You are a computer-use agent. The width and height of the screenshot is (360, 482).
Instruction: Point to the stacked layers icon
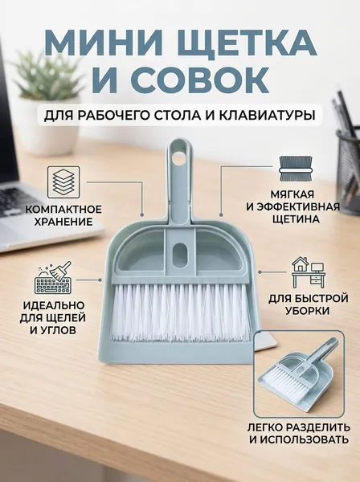point(63,182)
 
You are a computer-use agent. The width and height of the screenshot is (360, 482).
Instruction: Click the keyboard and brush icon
point(53,278)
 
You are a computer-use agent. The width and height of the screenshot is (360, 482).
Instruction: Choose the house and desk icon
point(308,272)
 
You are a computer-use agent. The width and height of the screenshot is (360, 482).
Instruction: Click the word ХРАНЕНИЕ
point(63,222)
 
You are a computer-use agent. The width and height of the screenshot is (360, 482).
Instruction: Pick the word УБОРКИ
point(308,310)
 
